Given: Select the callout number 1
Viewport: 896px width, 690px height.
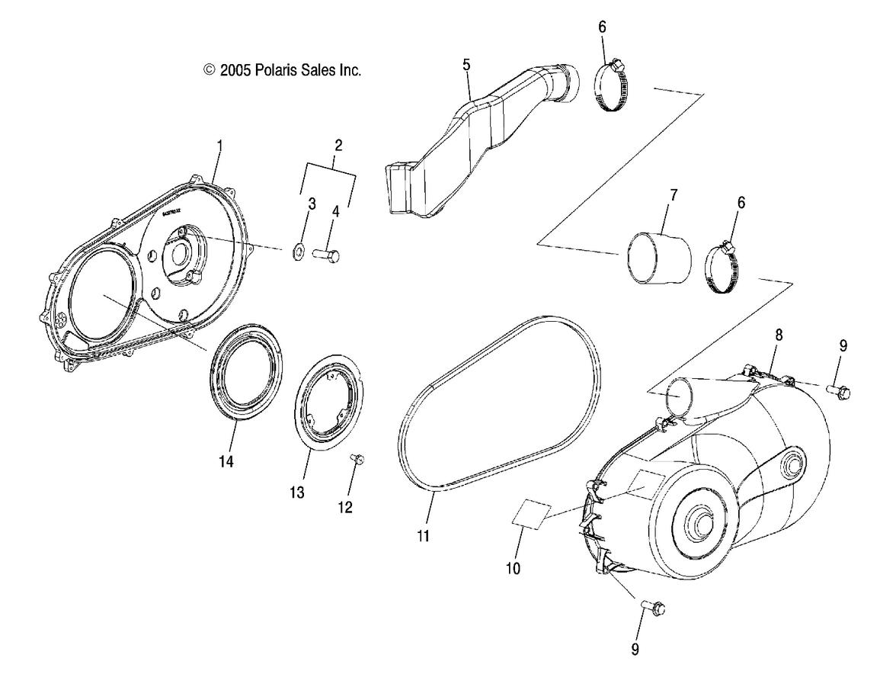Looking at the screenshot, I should click(219, 145).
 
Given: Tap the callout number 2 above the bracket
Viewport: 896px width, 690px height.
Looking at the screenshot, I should click(338, 144).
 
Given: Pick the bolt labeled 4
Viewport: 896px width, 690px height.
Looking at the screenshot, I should click(325, 255).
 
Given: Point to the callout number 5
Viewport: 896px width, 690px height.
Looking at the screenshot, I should click(466, 65).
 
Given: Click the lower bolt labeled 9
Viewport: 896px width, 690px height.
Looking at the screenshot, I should click(654, 608).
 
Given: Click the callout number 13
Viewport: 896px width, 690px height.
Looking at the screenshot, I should click(297, 493).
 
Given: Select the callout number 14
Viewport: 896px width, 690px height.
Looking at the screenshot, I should click(226, 462).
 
